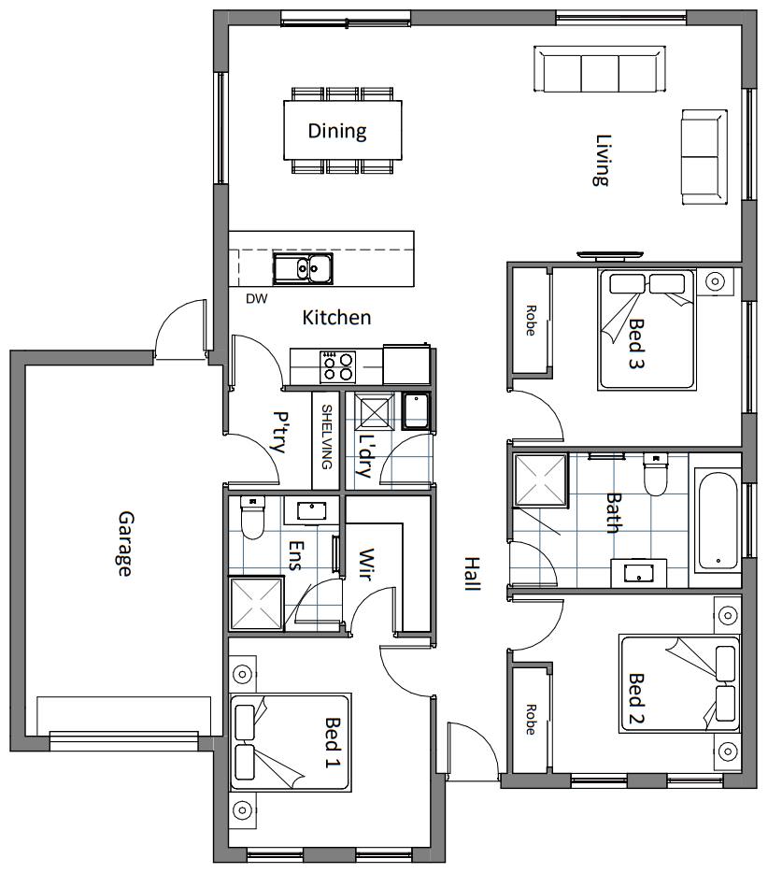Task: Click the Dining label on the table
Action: [337, 131]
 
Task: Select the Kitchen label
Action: [336, 318]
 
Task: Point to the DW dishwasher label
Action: [257, 299]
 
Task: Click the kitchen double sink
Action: [303, 268]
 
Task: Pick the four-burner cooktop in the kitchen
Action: [337, 366]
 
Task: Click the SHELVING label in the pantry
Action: [327, 437]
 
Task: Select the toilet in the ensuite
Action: [252, 517]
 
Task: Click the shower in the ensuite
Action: [256, 604]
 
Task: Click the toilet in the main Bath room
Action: [656, 474]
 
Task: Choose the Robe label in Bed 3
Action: [531, 321]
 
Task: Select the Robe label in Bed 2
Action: [531, 720]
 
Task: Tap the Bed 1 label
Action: [333, 742]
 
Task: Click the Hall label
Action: [472, 574]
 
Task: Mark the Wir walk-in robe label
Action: [365, 565]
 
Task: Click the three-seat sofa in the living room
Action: [600, 69]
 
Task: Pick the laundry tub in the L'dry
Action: [416, 411]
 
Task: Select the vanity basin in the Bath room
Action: [639, 573]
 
